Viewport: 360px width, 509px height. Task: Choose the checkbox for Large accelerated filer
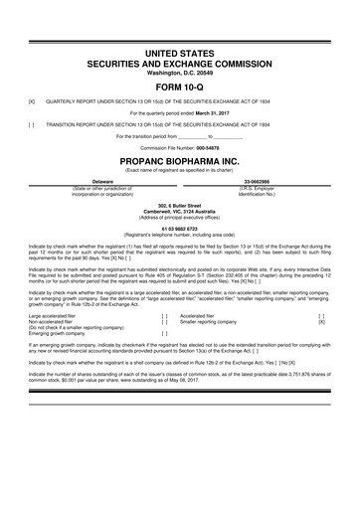pos(164,315)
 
